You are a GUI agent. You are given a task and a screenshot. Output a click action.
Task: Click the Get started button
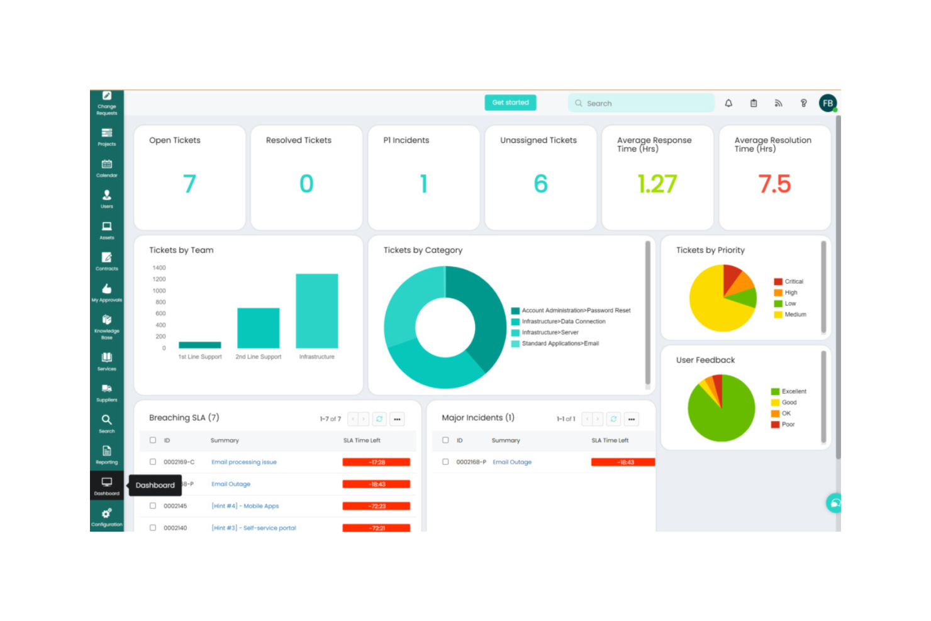pos(510,103)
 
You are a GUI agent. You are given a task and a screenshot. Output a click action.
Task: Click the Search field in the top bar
pos(642,103)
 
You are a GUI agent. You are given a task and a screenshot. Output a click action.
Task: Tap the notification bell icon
pos(728,103)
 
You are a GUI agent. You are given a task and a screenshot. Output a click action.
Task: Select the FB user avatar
pos(827,103)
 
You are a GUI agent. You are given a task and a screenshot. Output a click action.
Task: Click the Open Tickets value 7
pos(189,184)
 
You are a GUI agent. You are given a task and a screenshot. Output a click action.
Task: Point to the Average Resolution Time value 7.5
pos(774,184)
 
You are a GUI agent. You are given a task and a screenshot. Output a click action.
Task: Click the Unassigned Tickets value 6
pos(540,184)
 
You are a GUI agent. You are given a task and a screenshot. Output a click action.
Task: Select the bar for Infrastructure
pos(316,311)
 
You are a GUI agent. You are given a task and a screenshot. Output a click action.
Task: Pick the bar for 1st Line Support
pos(200,345)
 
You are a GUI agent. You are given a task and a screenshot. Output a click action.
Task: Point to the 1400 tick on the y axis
pos(159,268)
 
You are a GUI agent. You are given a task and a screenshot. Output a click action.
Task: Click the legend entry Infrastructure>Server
pos(550,332)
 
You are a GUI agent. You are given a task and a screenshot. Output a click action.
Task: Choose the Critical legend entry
pos(793,282)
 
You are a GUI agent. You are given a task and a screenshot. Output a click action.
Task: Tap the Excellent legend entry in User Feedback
pos(793,391)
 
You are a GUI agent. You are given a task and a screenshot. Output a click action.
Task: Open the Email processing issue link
pos(244,462)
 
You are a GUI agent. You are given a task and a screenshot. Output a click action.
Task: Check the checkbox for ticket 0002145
pos(153,506)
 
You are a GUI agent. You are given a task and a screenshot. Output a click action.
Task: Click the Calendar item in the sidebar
pos(107,168)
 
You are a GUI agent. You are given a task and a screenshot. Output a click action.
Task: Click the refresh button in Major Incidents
pos(613,419)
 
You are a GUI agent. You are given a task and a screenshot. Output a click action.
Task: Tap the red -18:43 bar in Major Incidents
pos(623,462)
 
